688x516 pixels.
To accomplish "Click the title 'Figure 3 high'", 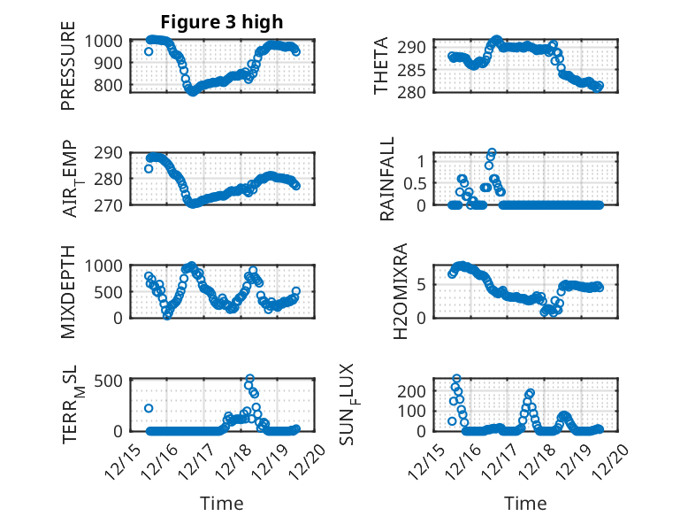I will (x=222, y=22).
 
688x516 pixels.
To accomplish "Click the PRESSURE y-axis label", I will (x=68, y=73).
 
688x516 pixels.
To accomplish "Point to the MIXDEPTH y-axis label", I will (x=68, y=292).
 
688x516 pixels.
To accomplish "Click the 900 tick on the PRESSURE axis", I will (x=111, y=63).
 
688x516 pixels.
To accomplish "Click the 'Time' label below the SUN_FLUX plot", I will (x=525, y=504).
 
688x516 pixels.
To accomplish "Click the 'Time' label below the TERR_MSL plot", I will (x=221, y=504).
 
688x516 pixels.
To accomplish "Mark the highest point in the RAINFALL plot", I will (x=492, y=152).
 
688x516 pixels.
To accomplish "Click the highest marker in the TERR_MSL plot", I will (x=249, y=379).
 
